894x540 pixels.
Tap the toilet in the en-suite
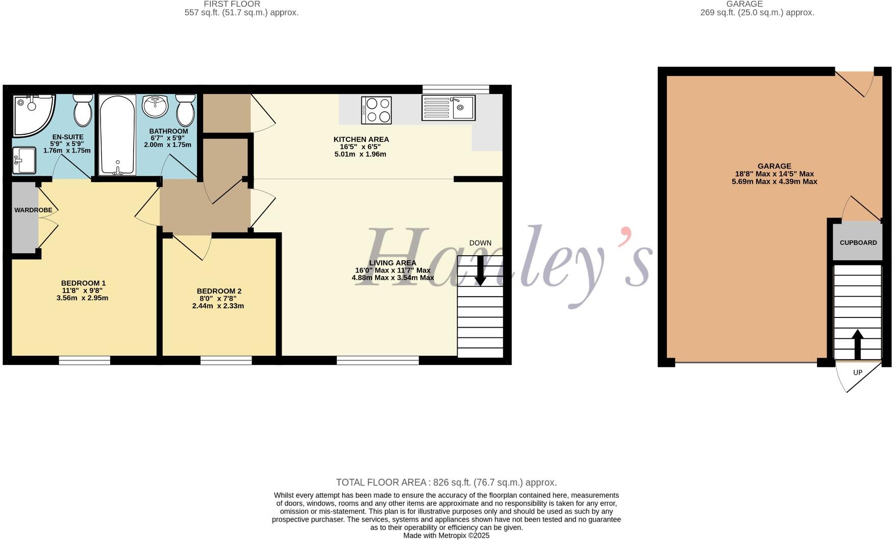coord(83,110)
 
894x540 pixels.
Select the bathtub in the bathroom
coord(117,135)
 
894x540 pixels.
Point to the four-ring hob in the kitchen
coord(377,110)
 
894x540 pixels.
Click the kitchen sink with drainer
coord(448,108)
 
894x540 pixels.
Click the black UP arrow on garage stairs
coord(857,345)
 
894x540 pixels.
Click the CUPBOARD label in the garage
coord(858,243)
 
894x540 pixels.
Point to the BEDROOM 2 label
coord(219,291)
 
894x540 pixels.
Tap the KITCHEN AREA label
coord(361,139)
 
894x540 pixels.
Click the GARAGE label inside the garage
coord(774,166)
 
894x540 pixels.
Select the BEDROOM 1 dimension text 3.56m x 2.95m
coord(83,298)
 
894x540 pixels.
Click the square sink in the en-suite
coord(23,160)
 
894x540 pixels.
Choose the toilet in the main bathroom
coord(185,110)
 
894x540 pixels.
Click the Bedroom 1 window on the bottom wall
coord(85,360)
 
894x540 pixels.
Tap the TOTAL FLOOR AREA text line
coord(446,482)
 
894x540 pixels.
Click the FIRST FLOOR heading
coord(232,4)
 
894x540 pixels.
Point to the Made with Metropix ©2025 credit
coord(446,535)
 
